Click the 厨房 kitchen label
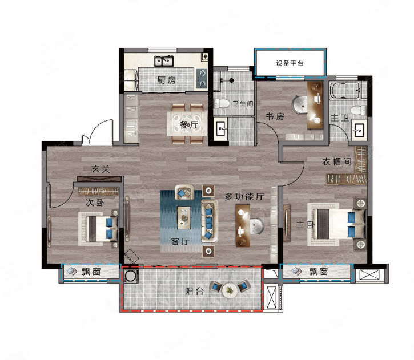click(166, 80)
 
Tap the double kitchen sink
click(164, 61)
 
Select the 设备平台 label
click(290, 63)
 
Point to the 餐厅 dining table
click(187, 124)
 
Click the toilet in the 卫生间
click(221, 103)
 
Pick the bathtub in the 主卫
click(344, 91)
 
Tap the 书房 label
click(275, 116)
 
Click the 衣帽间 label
click(337, 161)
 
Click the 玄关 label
click(101, 169)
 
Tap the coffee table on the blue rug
click(184, 217)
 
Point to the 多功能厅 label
click(244, 196)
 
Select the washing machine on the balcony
click(130, 276)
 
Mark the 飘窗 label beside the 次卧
click(91, 272)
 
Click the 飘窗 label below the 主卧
click(319, 272)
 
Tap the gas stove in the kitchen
click(202, 78)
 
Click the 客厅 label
click(180, 241)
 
